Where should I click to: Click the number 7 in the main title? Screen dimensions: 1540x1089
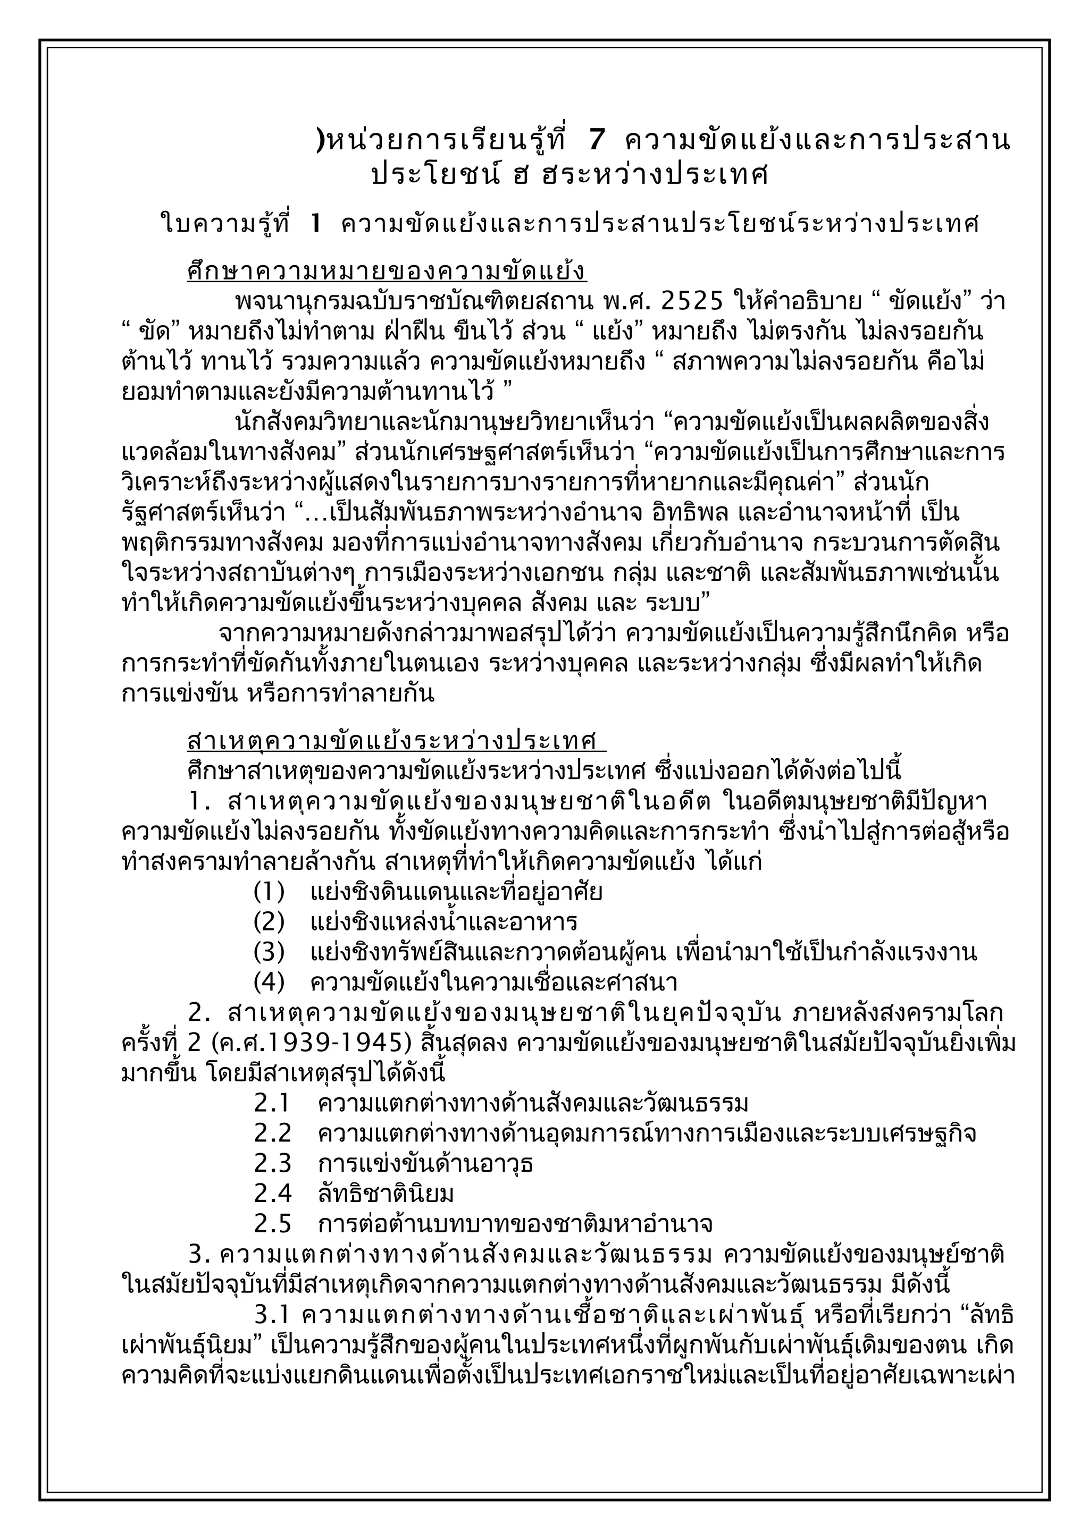tap(597, 140)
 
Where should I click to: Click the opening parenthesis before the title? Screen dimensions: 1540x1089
tap(320, 141)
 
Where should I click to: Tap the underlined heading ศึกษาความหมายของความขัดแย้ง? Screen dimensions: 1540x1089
tap(387, 272)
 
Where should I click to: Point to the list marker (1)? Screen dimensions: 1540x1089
tap(269, 892)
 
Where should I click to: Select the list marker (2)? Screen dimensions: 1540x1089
tap(269, 923)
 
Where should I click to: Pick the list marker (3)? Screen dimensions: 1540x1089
tap(269, 952)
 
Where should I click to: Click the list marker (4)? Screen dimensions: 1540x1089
tap(269, 983)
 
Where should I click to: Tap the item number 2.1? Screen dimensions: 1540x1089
tap(272, 1103)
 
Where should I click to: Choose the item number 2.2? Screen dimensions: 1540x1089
tap(272, 1133)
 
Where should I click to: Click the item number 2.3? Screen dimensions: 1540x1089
tap(272, 1164)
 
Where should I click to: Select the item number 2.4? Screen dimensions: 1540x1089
tap(272, 1194)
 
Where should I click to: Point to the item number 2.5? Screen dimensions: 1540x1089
tap(272, 1224)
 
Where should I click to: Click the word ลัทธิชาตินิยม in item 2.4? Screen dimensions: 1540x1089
tap(386, 1194)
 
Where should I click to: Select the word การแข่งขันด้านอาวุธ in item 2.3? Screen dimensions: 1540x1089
tap(425, 1164)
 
